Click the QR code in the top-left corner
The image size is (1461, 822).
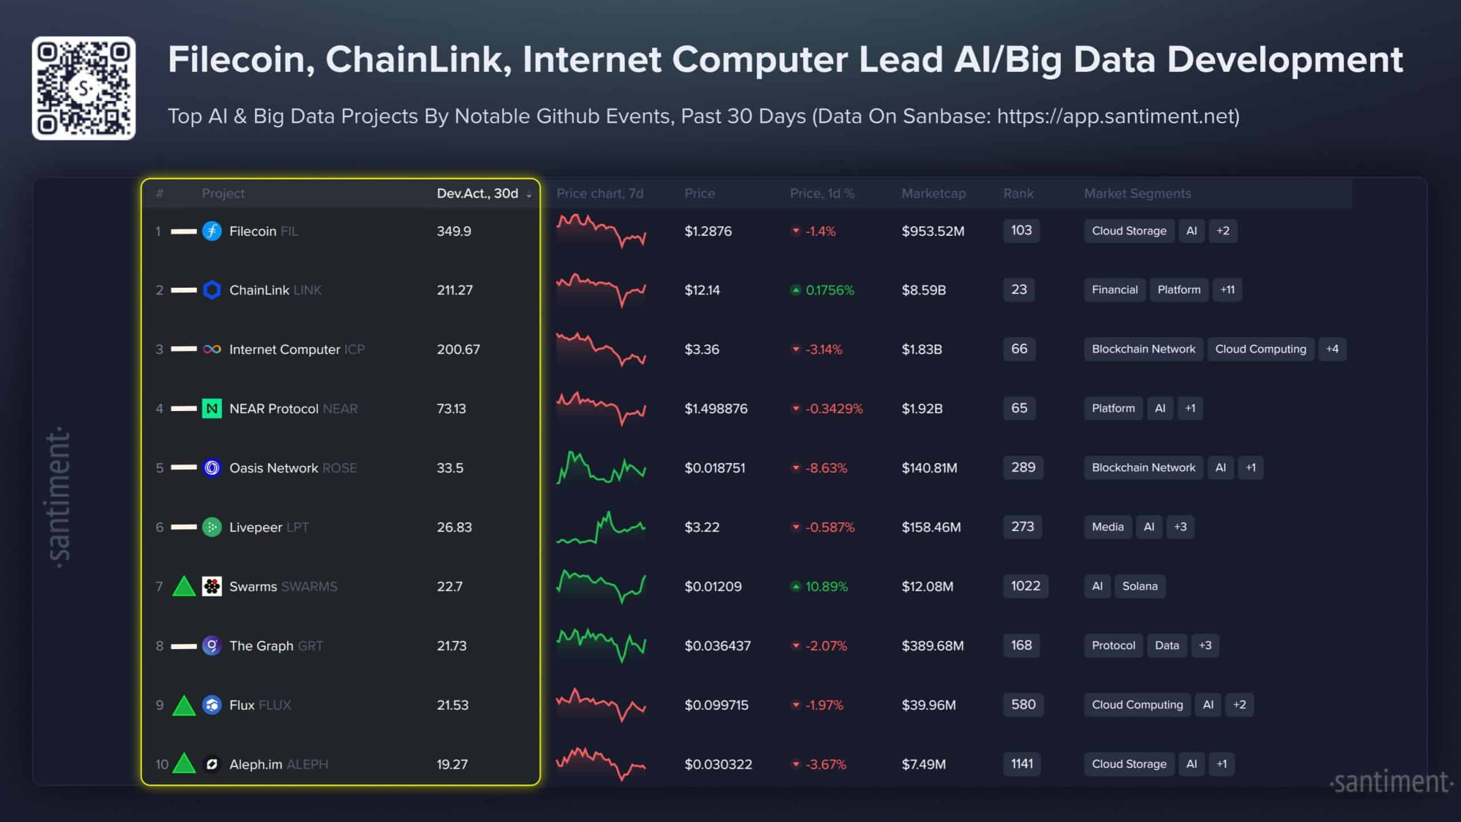tap(84, 88)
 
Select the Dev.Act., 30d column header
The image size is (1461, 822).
tap(478, 194)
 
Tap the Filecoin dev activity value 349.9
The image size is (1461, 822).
tap(454, 231)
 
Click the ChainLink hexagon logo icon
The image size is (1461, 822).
tap(212, 290)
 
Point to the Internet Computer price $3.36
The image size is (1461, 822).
tap(701, 349)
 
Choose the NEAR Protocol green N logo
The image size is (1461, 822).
tap(212, 409)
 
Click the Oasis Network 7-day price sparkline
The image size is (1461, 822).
tap(601, 468)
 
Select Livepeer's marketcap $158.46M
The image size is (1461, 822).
tap(931, 527)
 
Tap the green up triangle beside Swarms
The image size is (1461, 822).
tap(184, 586)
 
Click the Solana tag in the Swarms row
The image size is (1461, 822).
tap(1140, 586)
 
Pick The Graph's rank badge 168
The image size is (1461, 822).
tap(1021, 646)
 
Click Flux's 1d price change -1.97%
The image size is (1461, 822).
tap(824, 705)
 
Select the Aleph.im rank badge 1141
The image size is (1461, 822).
tap(1022, 764)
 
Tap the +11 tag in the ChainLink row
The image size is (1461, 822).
tap(1227, 290)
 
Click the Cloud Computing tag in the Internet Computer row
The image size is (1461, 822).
tap(1260, 349)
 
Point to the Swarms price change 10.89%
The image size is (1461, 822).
tap(826, 586)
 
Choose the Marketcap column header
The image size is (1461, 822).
tap(933, 194)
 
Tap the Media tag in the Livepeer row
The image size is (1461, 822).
tap(1107, 527)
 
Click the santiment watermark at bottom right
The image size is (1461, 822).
tap(1391, 782)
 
